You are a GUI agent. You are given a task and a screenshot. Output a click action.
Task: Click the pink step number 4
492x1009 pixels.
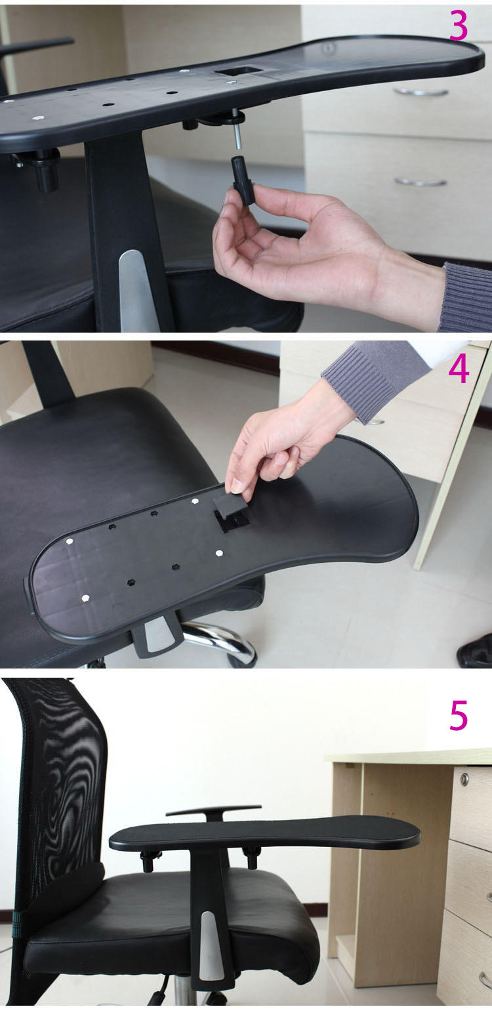(x=459, y=368)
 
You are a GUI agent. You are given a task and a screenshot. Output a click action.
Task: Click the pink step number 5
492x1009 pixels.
(x=459, y=715)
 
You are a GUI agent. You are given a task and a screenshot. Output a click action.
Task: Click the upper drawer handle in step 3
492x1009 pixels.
(x=420, y=93)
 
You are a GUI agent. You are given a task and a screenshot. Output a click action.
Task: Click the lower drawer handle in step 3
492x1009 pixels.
(x=420, y=182)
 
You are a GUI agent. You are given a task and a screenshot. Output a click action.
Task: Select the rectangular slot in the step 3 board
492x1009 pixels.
(x=237, y=71)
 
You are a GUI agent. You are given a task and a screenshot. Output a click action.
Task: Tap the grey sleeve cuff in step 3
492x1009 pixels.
(x=466, y=297)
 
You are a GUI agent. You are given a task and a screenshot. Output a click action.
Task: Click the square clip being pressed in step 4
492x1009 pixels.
(x=231, y=511)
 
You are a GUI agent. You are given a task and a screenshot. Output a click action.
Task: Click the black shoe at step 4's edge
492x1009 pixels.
(x=475, y=651)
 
